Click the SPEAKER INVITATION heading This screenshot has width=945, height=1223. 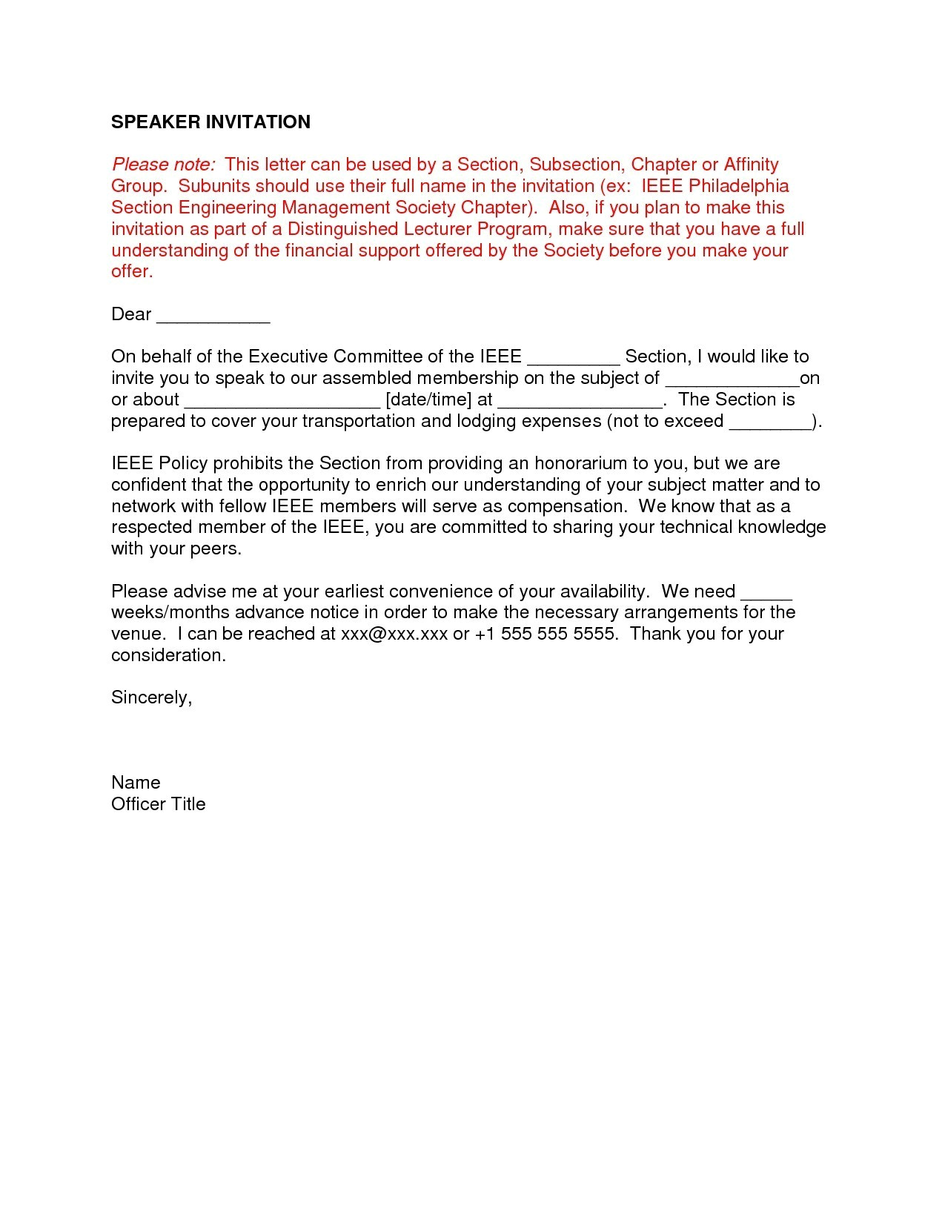tap(210, 122)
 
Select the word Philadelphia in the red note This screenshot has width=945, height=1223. tap(738, 186)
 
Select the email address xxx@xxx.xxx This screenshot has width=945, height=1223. tap(394, 634)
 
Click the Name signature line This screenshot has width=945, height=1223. tap(136, 783)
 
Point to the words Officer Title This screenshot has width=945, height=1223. tap(158, 804)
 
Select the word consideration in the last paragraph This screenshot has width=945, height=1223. tap(168, 656)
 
